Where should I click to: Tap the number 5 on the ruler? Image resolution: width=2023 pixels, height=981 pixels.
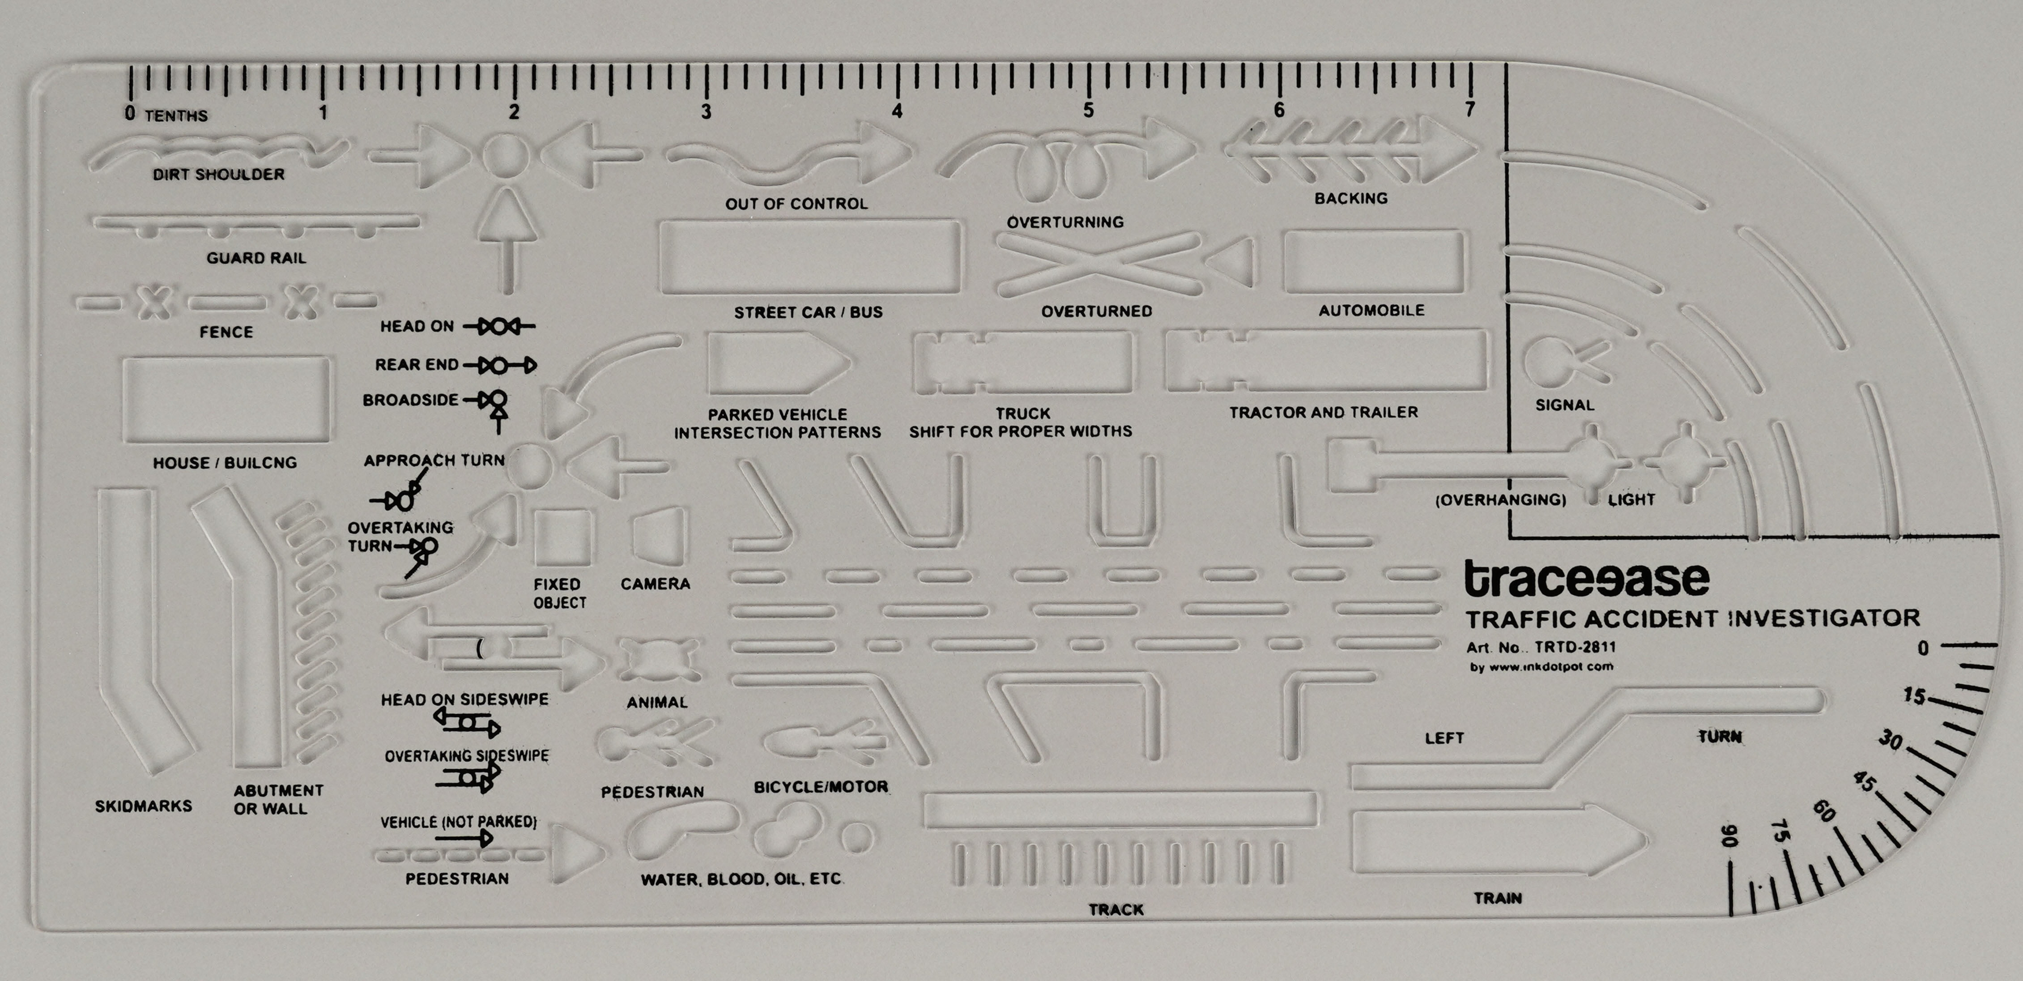[1088, 111]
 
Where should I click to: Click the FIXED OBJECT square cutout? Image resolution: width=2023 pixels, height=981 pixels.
[562, 537]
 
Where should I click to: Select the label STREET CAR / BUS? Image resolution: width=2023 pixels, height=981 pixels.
[808, 312]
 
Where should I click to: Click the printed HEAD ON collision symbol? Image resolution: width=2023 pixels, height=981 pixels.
[498, 326]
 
